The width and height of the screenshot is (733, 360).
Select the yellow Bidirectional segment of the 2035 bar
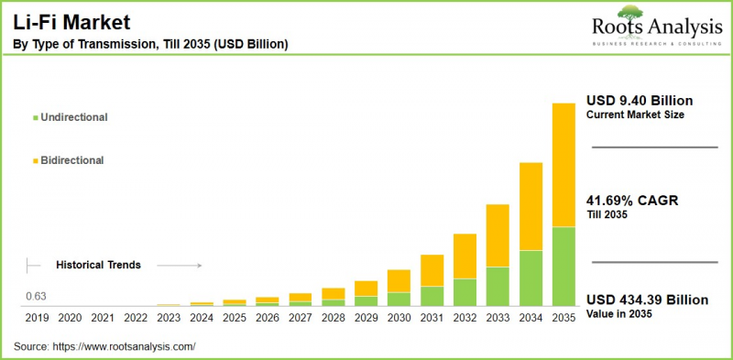(x=563, y=165)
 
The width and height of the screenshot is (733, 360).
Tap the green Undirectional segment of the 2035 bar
(x=563, y=266)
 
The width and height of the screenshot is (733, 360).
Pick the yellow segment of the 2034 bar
(x=531, y=206)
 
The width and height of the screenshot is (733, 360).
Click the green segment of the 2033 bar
(x=498, y=286)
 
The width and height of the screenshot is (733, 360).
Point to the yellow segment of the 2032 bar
(x=465, y=256)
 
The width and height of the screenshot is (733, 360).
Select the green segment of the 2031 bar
(x=432, y=295)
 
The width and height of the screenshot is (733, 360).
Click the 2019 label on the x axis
(x=37, y=318)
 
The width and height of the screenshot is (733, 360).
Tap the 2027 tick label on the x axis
(x=300, y=318)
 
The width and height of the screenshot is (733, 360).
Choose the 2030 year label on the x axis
(x=399, y=318)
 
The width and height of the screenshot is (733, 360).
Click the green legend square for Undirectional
(x=35, y=118)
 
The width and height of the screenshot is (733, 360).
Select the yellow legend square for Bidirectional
(x=35, y=160)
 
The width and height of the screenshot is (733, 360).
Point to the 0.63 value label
(x=36, y=296)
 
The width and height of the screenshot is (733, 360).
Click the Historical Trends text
(x=98, y=265)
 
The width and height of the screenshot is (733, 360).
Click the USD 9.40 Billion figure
(x=640, y=100)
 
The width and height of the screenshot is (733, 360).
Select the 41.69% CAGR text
(x=631, y=201)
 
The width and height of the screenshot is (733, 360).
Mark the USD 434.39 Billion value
(x=647, y=300)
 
